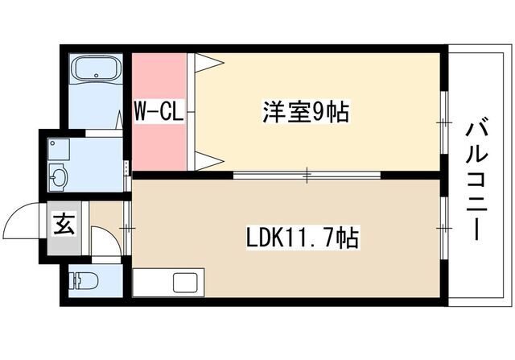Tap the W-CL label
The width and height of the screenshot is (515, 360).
(x=159, y=111)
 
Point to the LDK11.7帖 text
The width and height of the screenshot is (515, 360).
(x=302, y=238)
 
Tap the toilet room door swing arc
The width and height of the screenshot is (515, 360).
(x=102, y=241)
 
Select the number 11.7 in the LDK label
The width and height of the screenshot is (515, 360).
(x=314, y=238)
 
